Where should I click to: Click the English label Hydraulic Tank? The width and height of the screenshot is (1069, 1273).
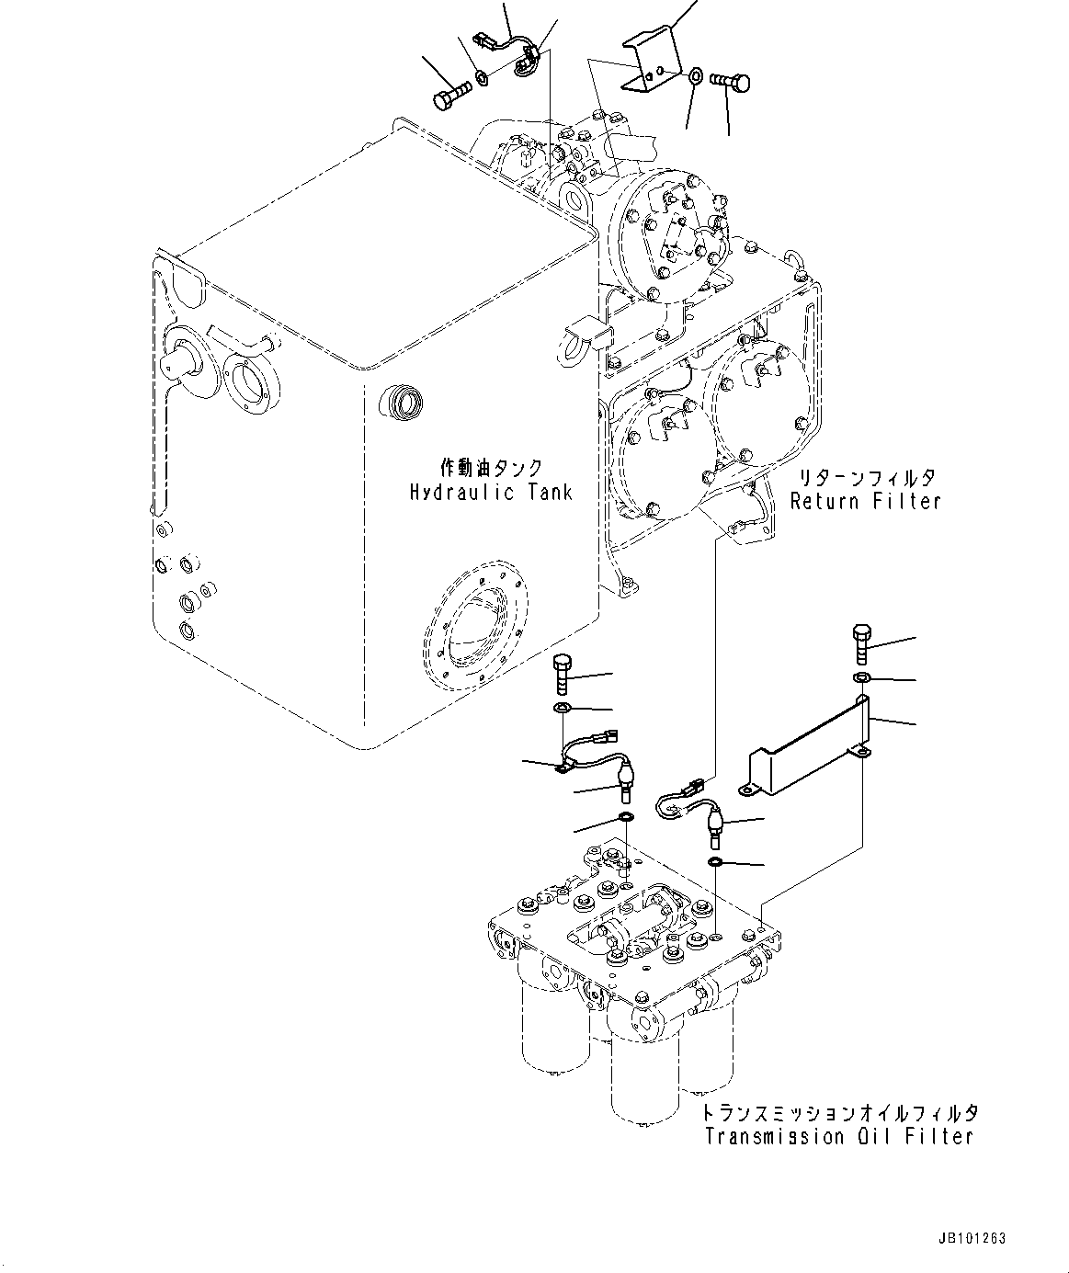[x=491, y=493]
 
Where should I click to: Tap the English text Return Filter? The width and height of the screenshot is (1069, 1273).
[x=866, y=501]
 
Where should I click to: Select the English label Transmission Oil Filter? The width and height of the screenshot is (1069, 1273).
[x=838, y=1137]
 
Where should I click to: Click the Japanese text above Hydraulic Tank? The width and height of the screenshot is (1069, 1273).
[x=491, y=468]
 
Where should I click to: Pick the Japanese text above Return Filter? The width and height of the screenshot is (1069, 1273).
[x=866, y=477]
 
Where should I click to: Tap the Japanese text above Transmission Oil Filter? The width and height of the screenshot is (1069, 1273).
[x=840, y=1112]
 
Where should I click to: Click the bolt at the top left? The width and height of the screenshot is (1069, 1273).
[x=449, y=94]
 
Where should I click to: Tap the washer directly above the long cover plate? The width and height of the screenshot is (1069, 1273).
[x=862, y=678]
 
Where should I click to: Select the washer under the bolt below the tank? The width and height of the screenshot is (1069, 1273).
[x=563, y=709]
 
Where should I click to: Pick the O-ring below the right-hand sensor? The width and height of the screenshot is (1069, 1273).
[x=715, y=862]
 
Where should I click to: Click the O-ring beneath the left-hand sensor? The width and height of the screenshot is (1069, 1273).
[x=626, y=817]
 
